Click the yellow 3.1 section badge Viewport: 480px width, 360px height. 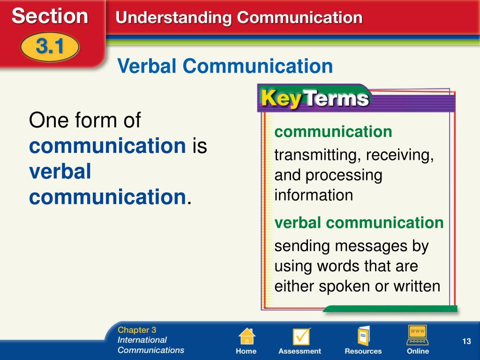(50, 47)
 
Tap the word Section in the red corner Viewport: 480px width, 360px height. (50, 16)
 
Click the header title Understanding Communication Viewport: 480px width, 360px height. (239, 17)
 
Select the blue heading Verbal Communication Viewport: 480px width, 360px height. (225, 66)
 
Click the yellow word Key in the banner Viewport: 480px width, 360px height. (281, 98)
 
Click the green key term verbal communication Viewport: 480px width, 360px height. (359, 223)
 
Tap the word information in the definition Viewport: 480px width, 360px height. (314, 195)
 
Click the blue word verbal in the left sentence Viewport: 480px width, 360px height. (60, 171)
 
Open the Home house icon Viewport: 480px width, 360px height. (247, 336)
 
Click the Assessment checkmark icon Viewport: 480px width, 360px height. (300, 336)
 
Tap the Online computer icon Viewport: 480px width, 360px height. (418, 335)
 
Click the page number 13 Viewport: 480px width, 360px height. (466, 341)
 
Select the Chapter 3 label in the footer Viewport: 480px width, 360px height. (137, 330)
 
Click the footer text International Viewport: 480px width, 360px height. (142, 340)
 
